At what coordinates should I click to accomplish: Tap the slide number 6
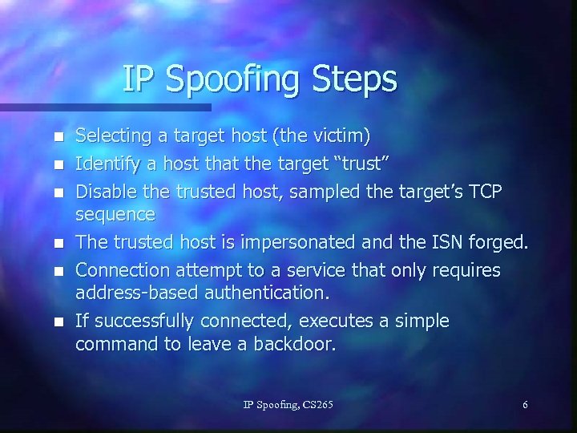pos(525,405)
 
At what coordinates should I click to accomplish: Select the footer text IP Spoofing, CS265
pos(288,405)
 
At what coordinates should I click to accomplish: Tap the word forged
pos(506,240)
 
